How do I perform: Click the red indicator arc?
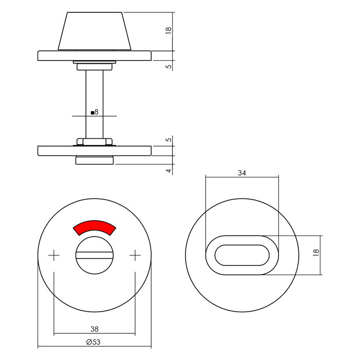pyautogui.click(x=95, y=227)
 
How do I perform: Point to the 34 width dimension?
pyautogui.click(x=242, y=173)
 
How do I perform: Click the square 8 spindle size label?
pyautogui.click(x=94, y=112)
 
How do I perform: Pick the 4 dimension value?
pyautogui.click(x=168, y=170)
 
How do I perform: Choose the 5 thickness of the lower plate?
pyautogui.click(x=168, y=140)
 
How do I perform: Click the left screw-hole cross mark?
pyautogui.click(x=54, y=255)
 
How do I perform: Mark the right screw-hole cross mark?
pyautogui.click(x=135, y=255)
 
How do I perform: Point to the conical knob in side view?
pyautogui.click(x=94, y=31)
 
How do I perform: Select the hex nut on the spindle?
pyautogui.click(x=94, y=141)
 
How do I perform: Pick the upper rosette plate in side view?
pyautogui.click(x=94, y=56)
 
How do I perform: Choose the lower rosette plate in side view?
pyautogui.click(x=94, y=151)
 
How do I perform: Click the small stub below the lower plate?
pyautogui.click(x=94, y=161)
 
